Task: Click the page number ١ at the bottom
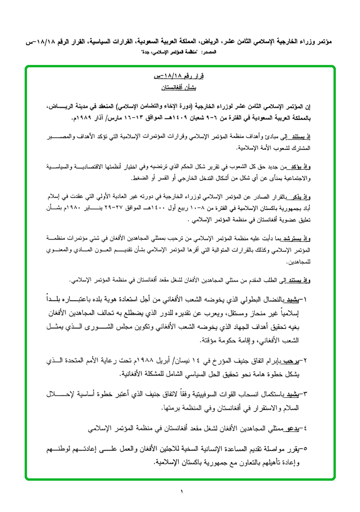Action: coord(181,492)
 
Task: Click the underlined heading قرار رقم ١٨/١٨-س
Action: coord(169,76)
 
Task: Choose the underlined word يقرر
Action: coord(294,448)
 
